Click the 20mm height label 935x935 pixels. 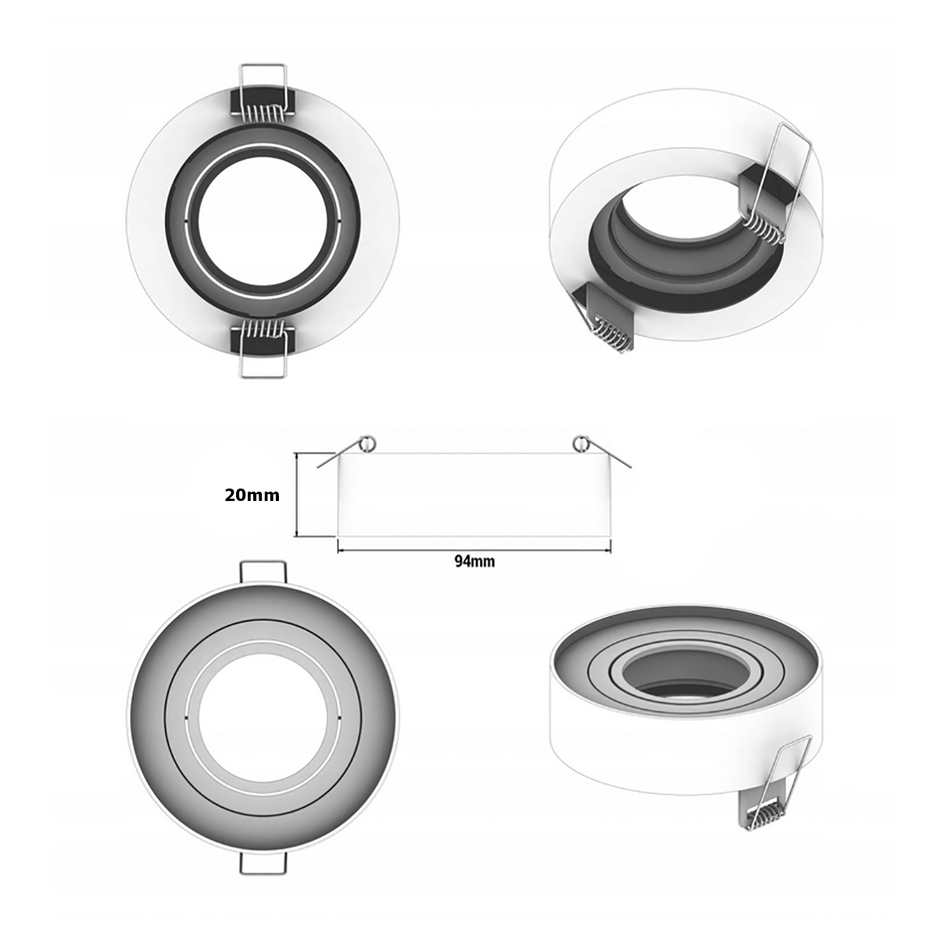[x=252, y=495]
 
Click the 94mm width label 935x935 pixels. [x=473, y=561]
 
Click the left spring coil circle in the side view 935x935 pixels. [x=367, y=443]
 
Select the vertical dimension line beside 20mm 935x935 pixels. [x=297, y=495]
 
